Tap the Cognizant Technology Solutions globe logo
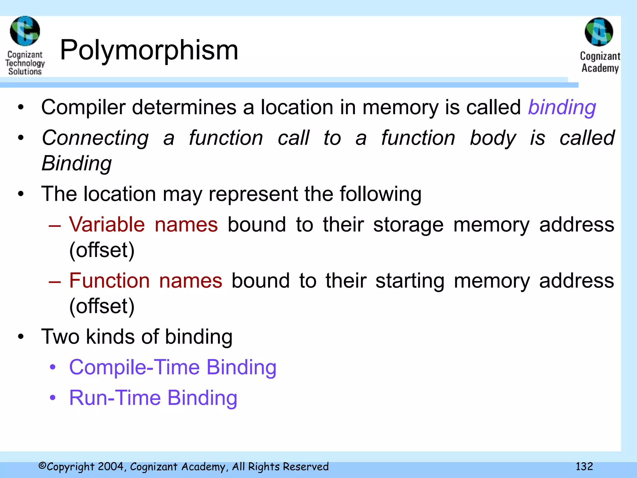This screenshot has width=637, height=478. (x=25, y=31)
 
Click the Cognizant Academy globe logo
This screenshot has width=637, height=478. (x=599, y=32)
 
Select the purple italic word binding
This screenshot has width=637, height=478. (x=562, y=108)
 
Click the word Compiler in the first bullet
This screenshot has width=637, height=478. (x=83, y=108)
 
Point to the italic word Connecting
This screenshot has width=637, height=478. (x=95, y=138)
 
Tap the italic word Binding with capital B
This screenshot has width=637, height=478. (x=77, y=163)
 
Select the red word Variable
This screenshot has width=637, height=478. (x=107, y=224)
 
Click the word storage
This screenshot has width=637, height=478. (x=408, y=225)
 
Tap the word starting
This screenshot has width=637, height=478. (x=410, y=281)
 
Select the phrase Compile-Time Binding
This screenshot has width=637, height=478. (x=173, y=368)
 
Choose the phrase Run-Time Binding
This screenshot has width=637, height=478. (x=153, y=398)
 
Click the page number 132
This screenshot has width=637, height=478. (x=584, y=466)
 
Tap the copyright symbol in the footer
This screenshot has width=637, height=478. (x=42, y=466)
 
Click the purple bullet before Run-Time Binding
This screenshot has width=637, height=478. (x=53, y=398)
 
